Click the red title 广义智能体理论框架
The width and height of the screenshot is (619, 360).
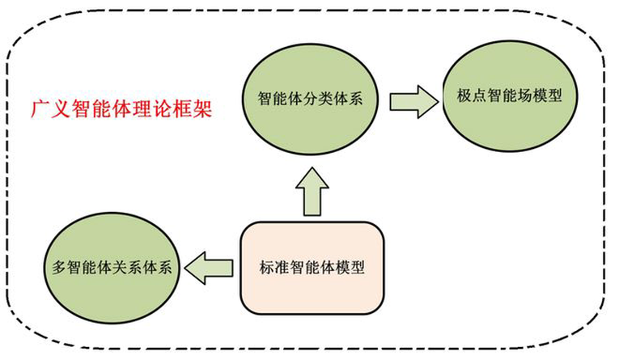pos(121,108)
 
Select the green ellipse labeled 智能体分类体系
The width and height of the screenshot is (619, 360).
pos(310,99)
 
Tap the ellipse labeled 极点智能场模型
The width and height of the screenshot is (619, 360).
pos(510,96)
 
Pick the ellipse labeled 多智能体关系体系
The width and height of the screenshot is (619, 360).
pos(112,268)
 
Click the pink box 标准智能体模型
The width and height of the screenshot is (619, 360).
pos(312,268)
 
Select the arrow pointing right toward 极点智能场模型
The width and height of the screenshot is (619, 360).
pos(413,102)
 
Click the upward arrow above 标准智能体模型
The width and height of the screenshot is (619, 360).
pos(312,192)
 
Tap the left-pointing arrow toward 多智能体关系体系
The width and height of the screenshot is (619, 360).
pos(209,268)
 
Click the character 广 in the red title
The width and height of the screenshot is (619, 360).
pos(40,108)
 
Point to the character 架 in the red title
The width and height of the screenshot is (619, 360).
pos(202,108)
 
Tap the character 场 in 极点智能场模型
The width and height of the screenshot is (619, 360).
pos(524,95)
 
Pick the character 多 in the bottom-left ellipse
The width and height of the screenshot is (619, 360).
pos(60,267)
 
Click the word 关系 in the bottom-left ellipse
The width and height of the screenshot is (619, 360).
pos(120,267)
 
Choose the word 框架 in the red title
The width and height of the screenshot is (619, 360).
pos(193,108)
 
